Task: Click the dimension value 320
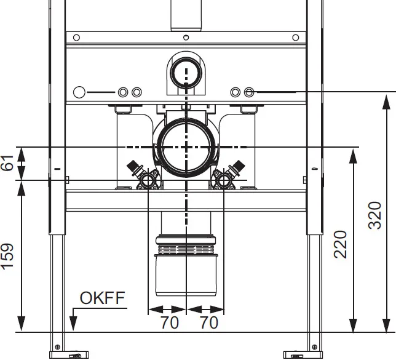coord(374,215)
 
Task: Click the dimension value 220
coord(340,244)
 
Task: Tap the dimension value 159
coord(7,257)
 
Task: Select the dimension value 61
coord(7,163)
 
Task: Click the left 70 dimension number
coord(170,322)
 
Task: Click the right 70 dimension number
coord(209,322)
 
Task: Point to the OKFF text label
coord(102,298)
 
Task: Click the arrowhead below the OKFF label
coord(73,323)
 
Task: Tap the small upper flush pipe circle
coord(186,73)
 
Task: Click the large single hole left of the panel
coord(79,92)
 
